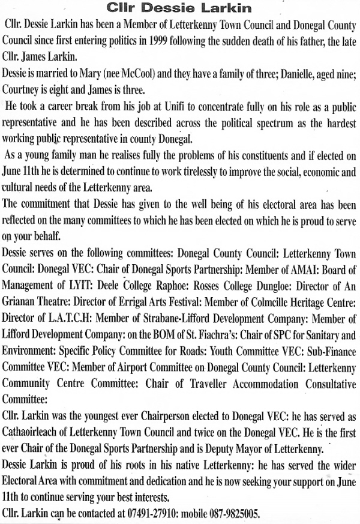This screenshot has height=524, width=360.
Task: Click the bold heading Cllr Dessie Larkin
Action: coord(179,8)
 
